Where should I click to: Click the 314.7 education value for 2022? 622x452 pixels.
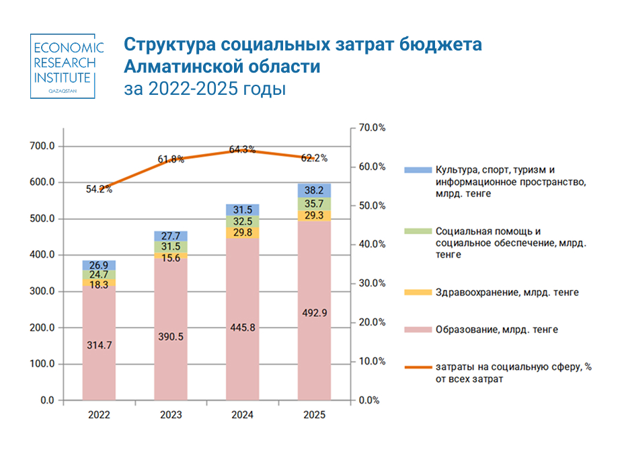[x=99, y=344]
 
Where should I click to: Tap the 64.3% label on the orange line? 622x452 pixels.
[x=242, y=150]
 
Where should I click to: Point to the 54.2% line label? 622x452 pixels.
[x=99, y=189]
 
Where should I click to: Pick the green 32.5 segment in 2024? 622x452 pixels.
[x=243, y=220]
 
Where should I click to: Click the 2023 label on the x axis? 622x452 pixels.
[x=171, y=415]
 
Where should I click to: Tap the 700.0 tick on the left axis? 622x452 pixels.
[x=42, y=146]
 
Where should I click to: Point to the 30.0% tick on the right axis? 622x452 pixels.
[x=371, y=283]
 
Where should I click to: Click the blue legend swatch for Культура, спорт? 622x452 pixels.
[x=414, y=170]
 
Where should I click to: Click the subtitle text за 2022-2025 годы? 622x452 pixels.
[x=204, y=89]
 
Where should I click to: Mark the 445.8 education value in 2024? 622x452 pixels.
[x=243, y=327]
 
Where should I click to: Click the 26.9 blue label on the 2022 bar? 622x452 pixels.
[x=99, y=265]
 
